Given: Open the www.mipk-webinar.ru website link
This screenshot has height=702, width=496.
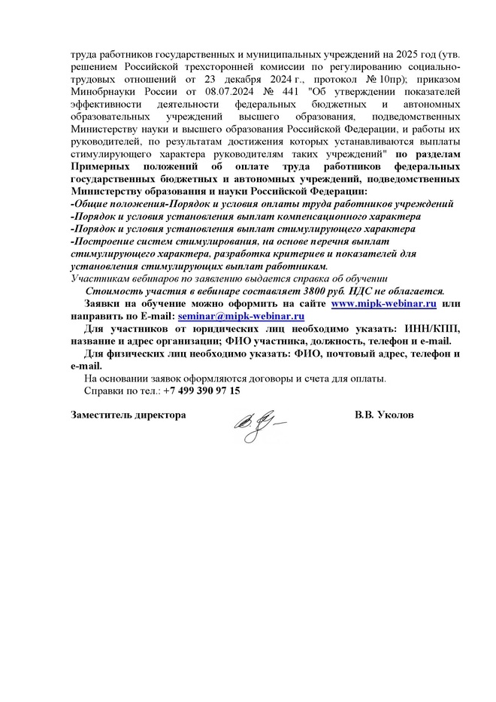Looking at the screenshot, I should [384, 303].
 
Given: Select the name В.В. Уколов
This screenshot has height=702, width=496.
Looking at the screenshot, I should [384, 415].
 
